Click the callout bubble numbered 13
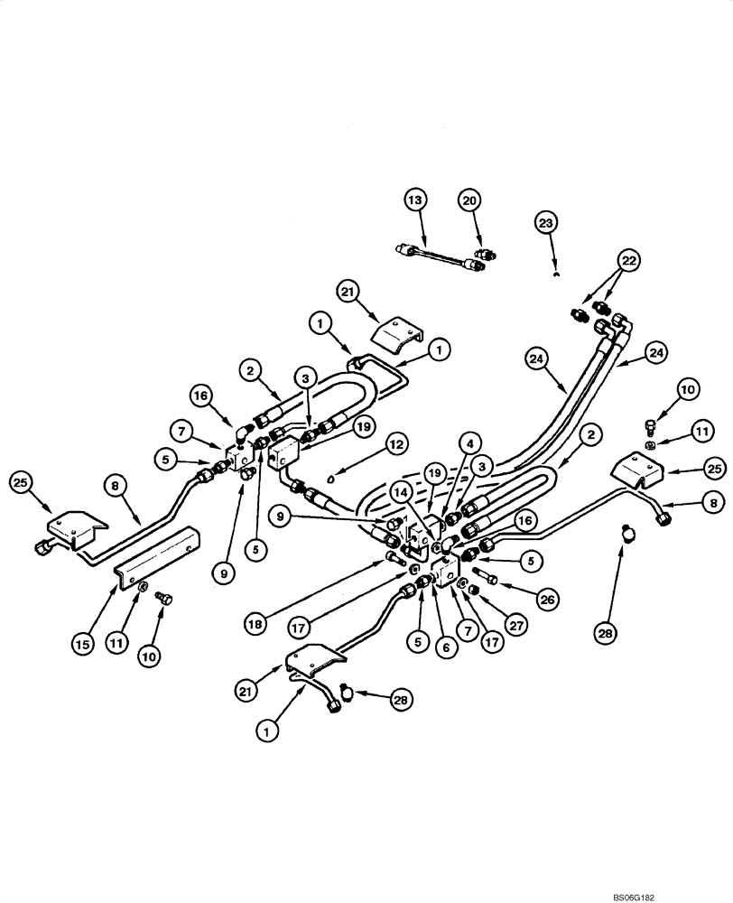tap(413, 200)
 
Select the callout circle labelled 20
tap(469, 200)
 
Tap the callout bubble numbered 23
tap(547, 222)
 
